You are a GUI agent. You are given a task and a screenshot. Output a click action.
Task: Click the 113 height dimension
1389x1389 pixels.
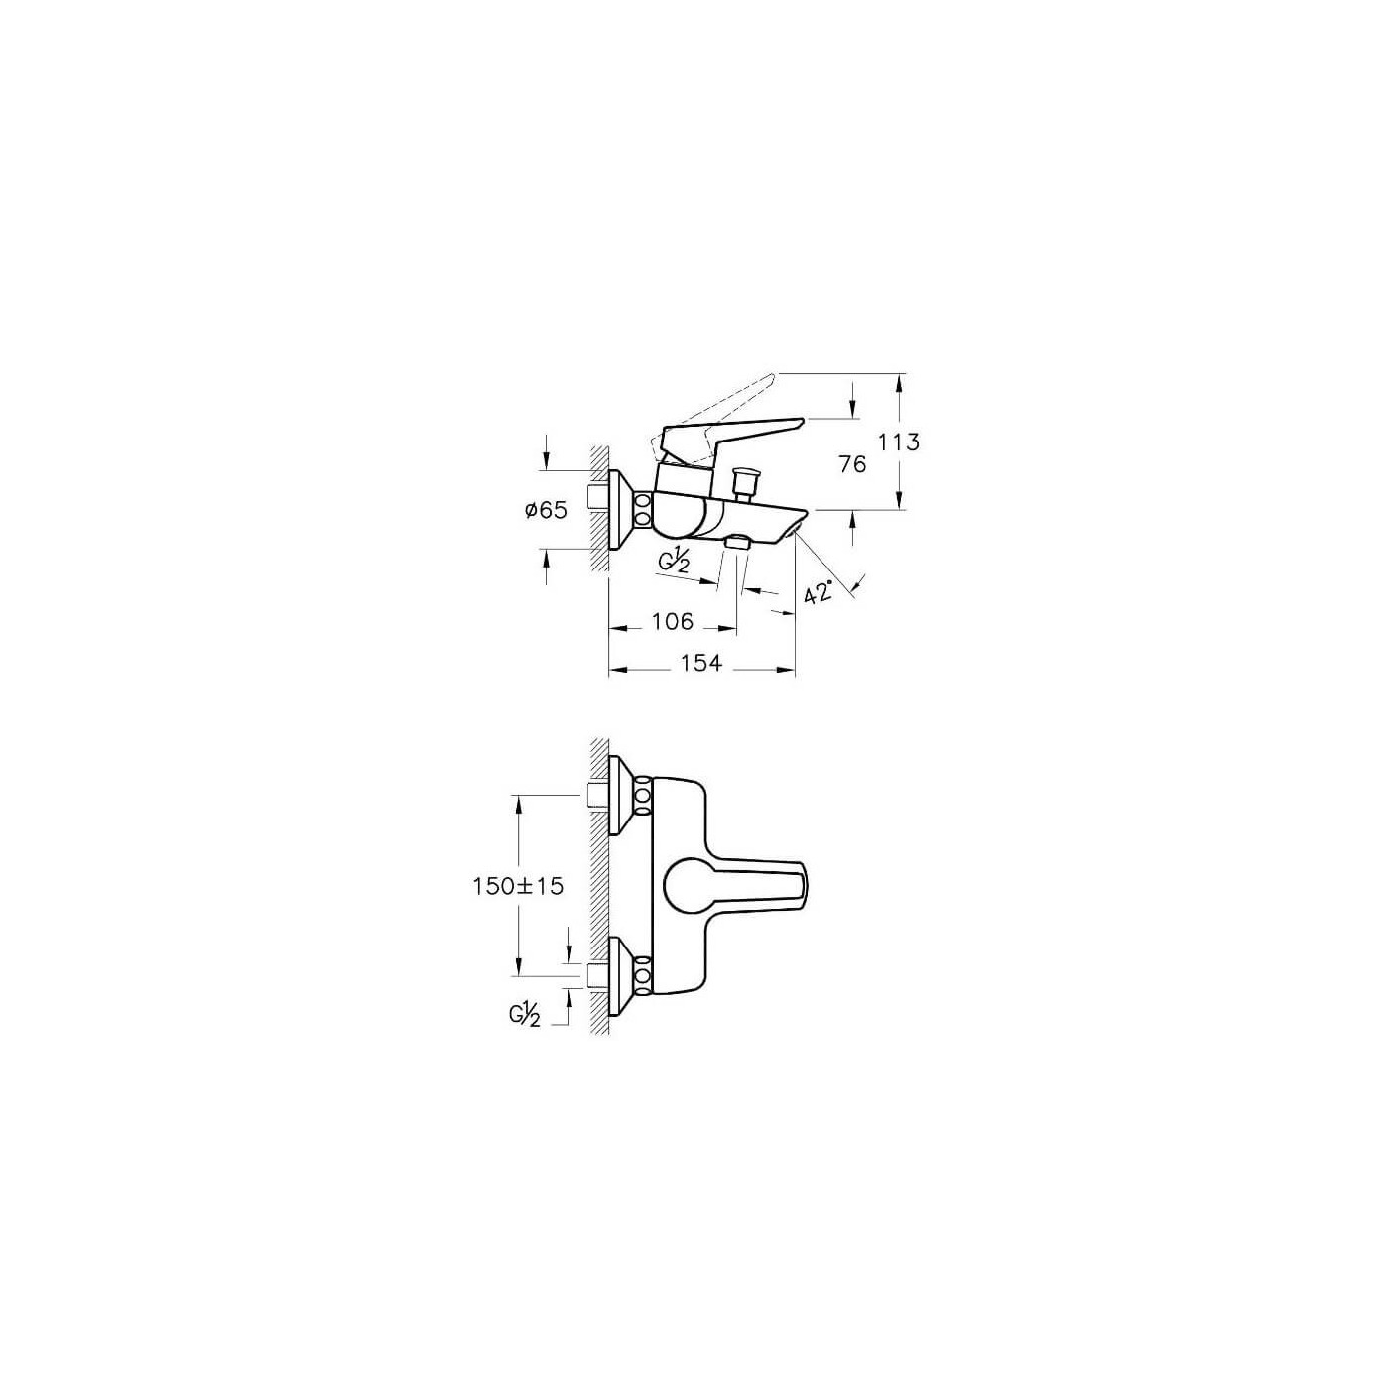coord(900,442)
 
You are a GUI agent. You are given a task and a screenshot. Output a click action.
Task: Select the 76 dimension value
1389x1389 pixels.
coord(851,463)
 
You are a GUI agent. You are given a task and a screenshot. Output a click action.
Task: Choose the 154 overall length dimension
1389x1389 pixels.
coord(701,663)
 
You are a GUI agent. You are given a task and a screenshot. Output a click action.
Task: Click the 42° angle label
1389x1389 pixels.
coord(819,593)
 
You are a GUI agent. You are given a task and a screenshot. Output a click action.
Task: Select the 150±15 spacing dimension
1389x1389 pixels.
coord(518,885)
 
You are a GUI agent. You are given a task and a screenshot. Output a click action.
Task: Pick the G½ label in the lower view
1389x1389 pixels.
coord(525,1015)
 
